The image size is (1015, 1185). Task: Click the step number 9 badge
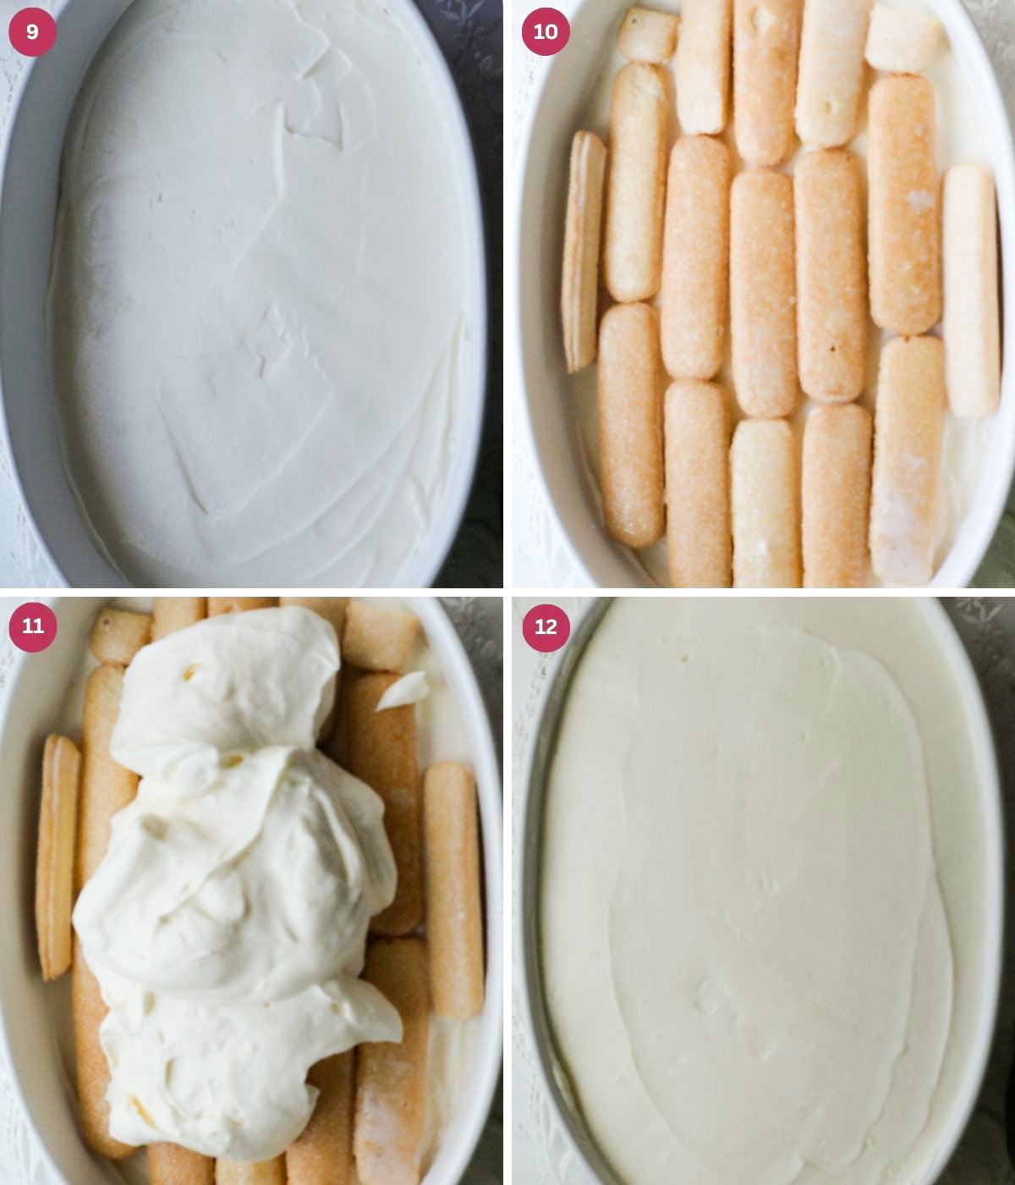pos(32,32)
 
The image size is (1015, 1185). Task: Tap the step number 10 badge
pos(546,32)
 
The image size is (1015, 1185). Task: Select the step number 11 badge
pos(32,626)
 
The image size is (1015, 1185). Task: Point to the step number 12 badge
pos(546,627)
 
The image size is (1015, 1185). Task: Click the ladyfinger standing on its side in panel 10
pos(583,250)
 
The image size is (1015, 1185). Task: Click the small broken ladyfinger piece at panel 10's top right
pos(903,38)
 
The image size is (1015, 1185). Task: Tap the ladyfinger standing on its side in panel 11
pos(57,855)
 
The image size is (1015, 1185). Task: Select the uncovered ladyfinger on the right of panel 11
pos(453,889)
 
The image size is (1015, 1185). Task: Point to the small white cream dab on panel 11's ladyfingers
pos(403,689)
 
